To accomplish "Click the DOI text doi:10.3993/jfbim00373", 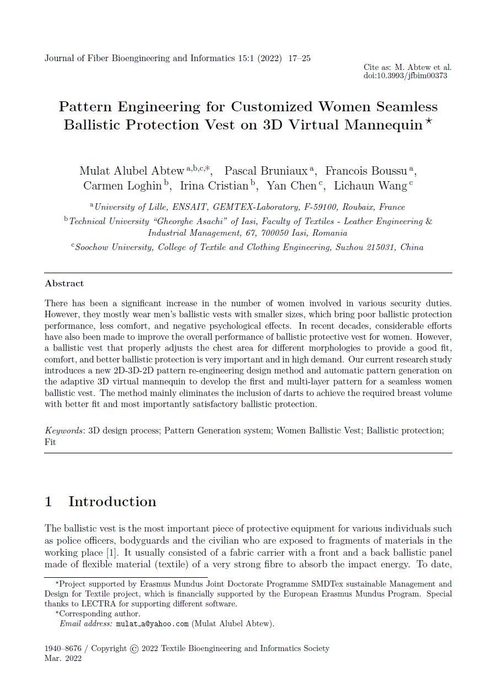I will point(405,75).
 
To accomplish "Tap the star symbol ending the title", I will point(429,122).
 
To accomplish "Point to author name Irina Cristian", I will point(214,186).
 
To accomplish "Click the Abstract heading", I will point(64,284).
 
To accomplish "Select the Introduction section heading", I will point(112,502).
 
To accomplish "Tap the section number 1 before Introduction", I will point(48,502).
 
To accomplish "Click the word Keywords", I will point(63,431).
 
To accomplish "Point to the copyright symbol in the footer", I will point(134,649).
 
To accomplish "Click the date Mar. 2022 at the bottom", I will point(63,659).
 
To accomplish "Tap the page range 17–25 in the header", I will point(299,58).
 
